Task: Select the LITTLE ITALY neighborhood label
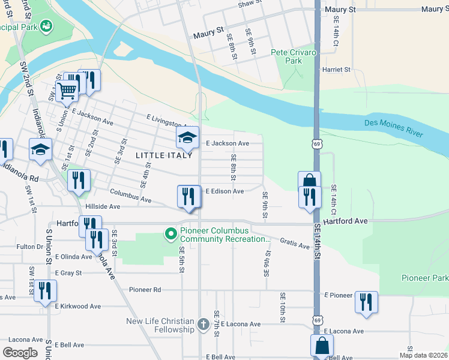click(x=164, y=155)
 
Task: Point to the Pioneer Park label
click(x=425, y=278)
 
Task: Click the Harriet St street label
click(x=336, y=70)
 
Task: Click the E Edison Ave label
click(x=224, y=191)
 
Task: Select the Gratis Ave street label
click(x=294, y=242)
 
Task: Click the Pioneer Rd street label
click(x=145, y=289)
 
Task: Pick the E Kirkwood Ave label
click(x=78, y=306)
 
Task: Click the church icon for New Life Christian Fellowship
click(x=203, y=325)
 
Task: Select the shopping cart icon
click(x=68, y=91)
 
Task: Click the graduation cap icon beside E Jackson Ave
click(x=187, y=137)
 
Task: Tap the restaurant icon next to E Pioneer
click(x=366, y=301)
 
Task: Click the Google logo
click(x=20, y=353)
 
